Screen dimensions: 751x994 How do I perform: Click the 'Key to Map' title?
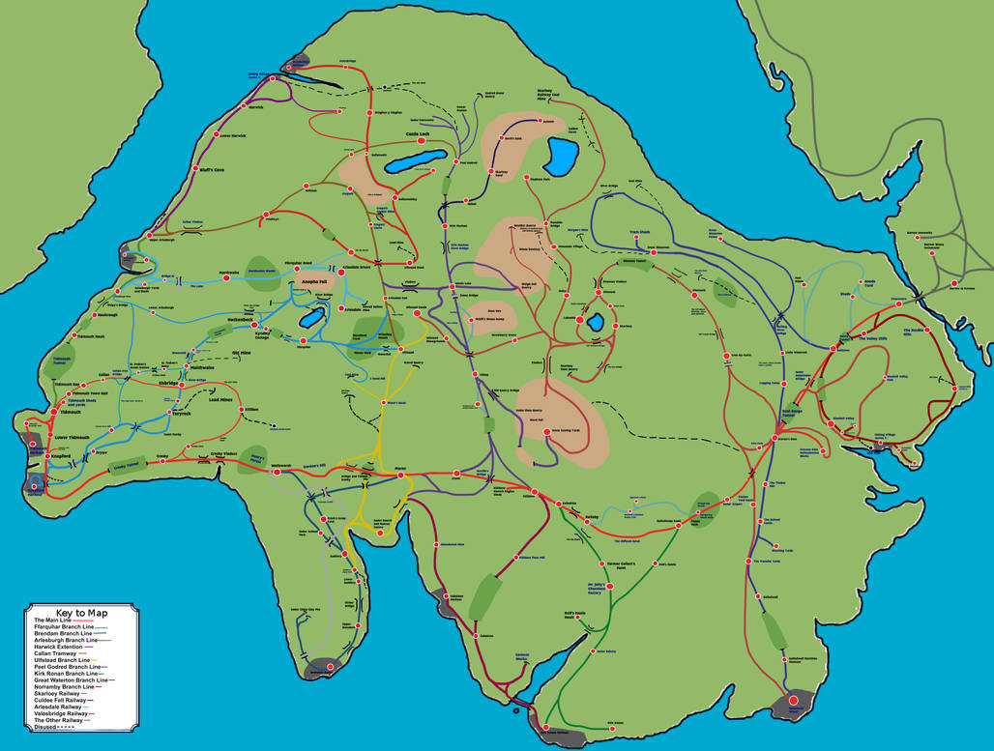tap(81, 613)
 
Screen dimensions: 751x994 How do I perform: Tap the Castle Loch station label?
tap(418, 134)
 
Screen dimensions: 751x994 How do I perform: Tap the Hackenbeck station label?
tap(239, 318)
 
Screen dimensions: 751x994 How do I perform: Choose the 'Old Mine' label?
tap(241, 353)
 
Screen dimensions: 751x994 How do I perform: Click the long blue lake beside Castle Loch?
tap(415, 160)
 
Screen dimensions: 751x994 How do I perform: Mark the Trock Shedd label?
tap(639, 232)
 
